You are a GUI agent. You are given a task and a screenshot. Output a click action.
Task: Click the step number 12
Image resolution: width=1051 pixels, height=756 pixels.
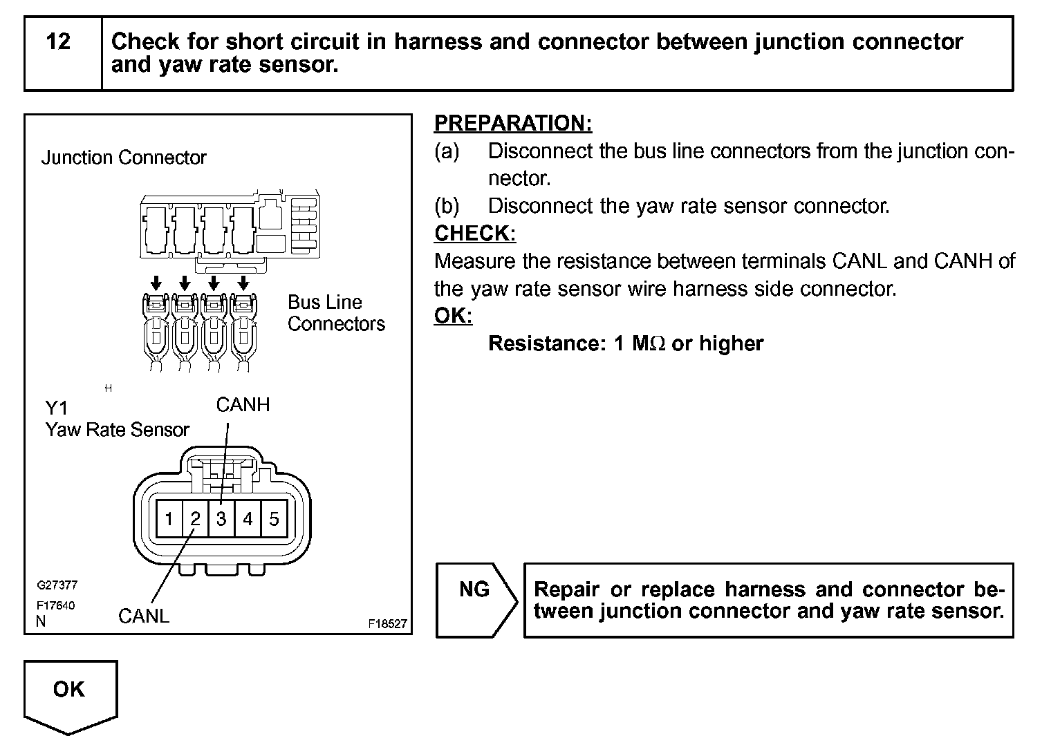[59, 42]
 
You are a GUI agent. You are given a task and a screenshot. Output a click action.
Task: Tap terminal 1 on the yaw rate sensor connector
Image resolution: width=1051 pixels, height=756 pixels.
[169, 518]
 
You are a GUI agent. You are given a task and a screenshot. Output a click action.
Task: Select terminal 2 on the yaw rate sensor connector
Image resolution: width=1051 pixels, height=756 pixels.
[195, 518]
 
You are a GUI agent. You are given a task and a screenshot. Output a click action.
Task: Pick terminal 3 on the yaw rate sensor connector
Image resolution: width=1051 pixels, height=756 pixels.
[221, 518]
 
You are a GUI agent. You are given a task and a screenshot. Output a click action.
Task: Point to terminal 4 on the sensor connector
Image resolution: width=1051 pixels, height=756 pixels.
[248, 518]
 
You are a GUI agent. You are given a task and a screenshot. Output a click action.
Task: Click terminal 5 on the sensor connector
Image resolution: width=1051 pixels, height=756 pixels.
[274, 518]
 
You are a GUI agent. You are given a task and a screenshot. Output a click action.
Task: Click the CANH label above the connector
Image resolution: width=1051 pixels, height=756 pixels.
[243, 404]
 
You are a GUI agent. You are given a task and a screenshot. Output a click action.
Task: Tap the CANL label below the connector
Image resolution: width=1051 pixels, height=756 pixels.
[144, 616]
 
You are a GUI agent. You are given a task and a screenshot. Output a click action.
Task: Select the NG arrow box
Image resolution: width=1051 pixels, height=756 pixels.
[476, 599]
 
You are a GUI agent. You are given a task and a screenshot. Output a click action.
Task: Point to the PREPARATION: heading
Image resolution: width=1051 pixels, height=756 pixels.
[513, 124]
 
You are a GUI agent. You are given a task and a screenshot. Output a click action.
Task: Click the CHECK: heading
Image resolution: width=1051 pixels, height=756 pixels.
[475, 234]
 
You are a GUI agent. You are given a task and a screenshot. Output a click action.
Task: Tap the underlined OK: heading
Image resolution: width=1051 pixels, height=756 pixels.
[453, 316]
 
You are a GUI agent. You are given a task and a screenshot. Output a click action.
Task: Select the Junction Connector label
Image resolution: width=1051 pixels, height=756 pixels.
[124, 158]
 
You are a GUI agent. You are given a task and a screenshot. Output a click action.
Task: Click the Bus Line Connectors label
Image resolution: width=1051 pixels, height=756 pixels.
[336, 313]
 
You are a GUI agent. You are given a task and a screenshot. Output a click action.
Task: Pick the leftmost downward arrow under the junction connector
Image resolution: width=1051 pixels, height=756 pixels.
[156, 282]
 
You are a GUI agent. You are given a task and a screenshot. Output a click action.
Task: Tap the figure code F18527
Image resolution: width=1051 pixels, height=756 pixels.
[387, 623]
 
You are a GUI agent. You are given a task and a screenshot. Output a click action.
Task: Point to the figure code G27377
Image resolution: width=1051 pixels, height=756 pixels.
[57, 585]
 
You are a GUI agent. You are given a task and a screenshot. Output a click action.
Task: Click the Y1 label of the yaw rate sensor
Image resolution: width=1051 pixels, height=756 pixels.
[57, 408]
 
